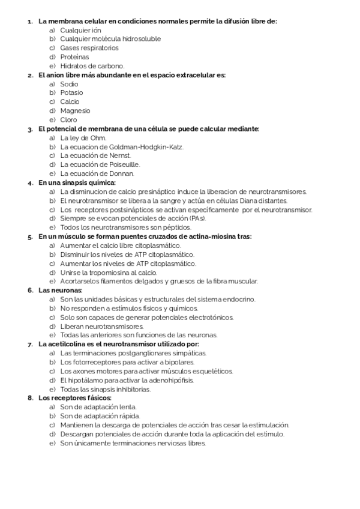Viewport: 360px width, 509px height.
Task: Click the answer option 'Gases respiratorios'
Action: pyautogui.click(x=89, y=48)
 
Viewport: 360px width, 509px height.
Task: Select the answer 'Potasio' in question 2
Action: pyautogui.click(x=71, y=93)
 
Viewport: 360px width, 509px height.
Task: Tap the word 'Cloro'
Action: pyautogui.click(x=68, y=119)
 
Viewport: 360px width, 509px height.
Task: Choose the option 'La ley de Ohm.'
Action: pyautogui.click(x=83, y=138)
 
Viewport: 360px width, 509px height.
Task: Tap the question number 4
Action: pyautogui.click(x=30, y=182)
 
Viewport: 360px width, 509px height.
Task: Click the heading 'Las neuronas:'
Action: pyautogui.click(x=61, y=291)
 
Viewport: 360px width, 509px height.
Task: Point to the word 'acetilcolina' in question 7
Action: pyautogui.click(x=67, y=344)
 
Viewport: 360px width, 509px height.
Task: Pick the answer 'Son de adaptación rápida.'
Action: pyautogui.click(x=100, y=416)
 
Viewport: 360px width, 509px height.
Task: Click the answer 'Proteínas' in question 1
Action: pyautogui.click(x=74, y=57)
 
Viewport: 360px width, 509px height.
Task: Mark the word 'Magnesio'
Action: pyautogui.click(x=75, y=110)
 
